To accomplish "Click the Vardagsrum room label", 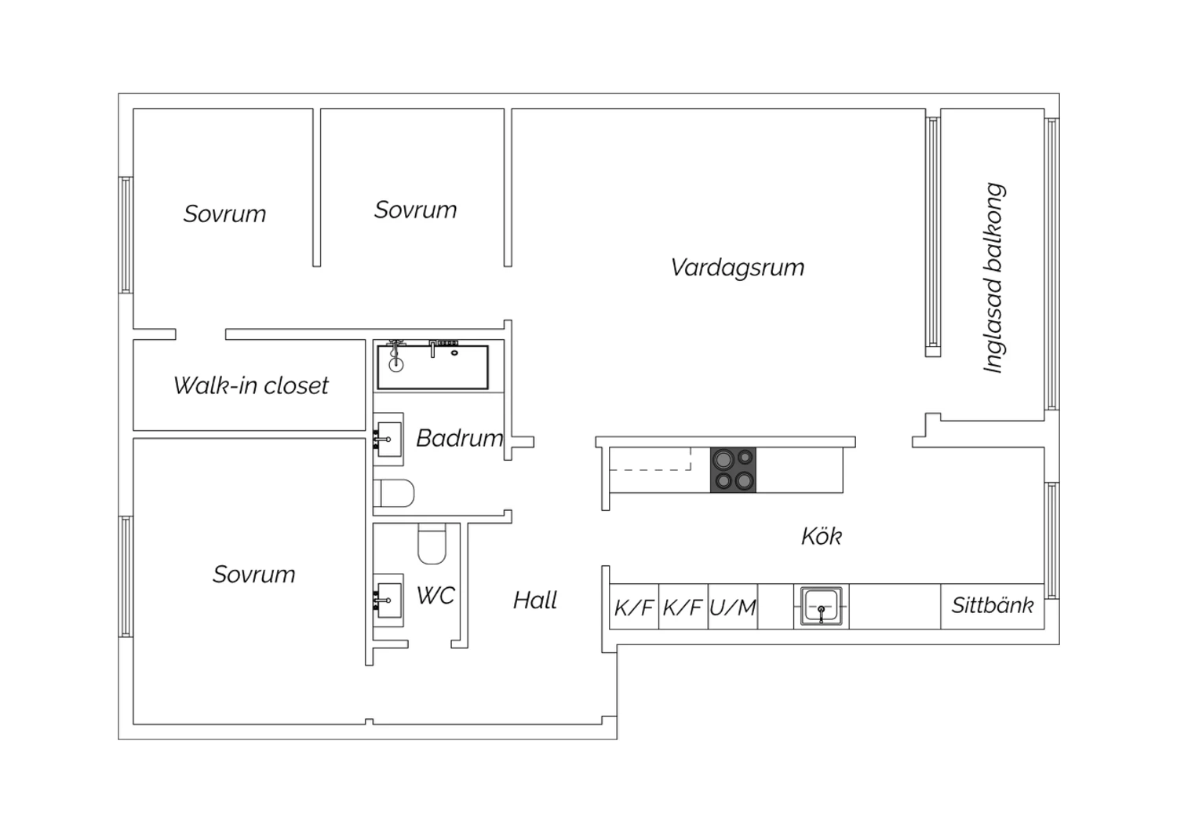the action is [738, 268].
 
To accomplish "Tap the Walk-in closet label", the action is [250, 385].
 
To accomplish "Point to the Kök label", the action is [822, 536].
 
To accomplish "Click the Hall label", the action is [535, 600].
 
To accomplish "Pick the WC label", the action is [435, 596].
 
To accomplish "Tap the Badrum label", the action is [460, 438].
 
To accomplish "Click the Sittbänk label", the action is [993, 605].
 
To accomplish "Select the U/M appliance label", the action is [732, 608].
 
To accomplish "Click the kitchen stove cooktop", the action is [733, 470].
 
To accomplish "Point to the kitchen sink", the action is [822, 607].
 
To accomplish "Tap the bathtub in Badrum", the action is [432, 367].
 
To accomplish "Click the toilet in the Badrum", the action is [394, 493].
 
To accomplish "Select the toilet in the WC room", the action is [432, 543].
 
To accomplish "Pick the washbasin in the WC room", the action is [389, 600].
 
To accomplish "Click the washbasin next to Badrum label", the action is [389, 439].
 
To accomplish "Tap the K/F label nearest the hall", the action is [634, 608].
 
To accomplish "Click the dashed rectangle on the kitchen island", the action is [650, 459].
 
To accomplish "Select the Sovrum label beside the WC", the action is [253, 575].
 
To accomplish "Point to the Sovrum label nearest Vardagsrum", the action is [415, 210].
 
